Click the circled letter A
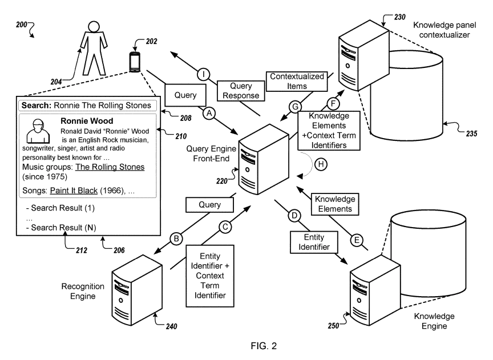point(209,114)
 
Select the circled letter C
point(225,227)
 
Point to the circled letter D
point(294,216)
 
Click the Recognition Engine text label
point(79,290)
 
